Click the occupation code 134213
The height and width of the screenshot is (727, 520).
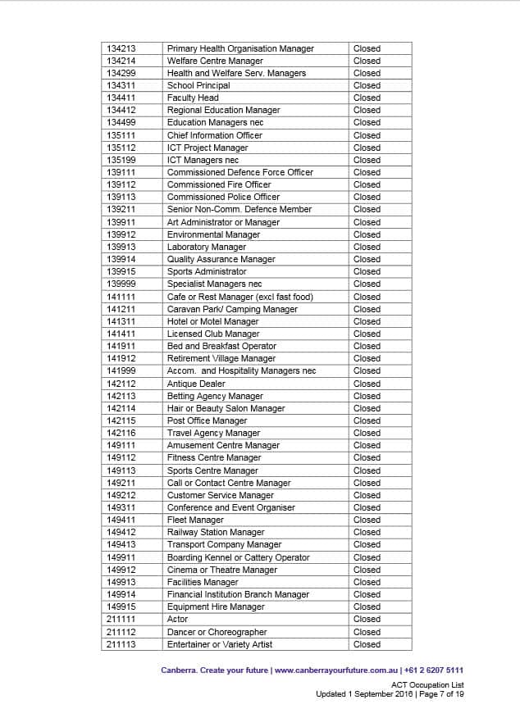click(x=121, y=48)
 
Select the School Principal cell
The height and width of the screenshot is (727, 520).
click(x=198, y=85)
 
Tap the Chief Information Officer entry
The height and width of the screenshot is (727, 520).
click(x=215, y=135)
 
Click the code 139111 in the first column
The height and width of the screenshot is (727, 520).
click(x=121, y=172)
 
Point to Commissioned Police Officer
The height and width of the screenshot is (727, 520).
click(x=223, y=197)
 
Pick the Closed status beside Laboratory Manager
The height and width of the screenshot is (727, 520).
click(x=367, y=247)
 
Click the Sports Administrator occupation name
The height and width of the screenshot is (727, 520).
click(x=207, y=271)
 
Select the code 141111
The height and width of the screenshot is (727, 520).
click(x=121, y=297)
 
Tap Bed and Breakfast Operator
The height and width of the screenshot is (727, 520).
click(x=221, y=346)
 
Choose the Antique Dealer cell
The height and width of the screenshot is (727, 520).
click(x=196, y=384)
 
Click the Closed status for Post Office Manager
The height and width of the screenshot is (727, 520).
click(x=367, y=420)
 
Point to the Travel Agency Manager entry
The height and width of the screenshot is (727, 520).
click(x=213, y=433)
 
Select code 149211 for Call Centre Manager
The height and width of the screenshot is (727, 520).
click(x=121, y=483)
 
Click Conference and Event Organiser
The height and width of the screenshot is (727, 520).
click(x=231, y=507)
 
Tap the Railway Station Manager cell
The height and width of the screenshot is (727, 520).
click(x=216, y=532)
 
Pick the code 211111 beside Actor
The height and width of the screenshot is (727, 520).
click(x=121, y=619)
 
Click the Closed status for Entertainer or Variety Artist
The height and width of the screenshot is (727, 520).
click(x=367, y=644)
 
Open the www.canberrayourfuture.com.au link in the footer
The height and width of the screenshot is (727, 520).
click(x=336, y=670)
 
